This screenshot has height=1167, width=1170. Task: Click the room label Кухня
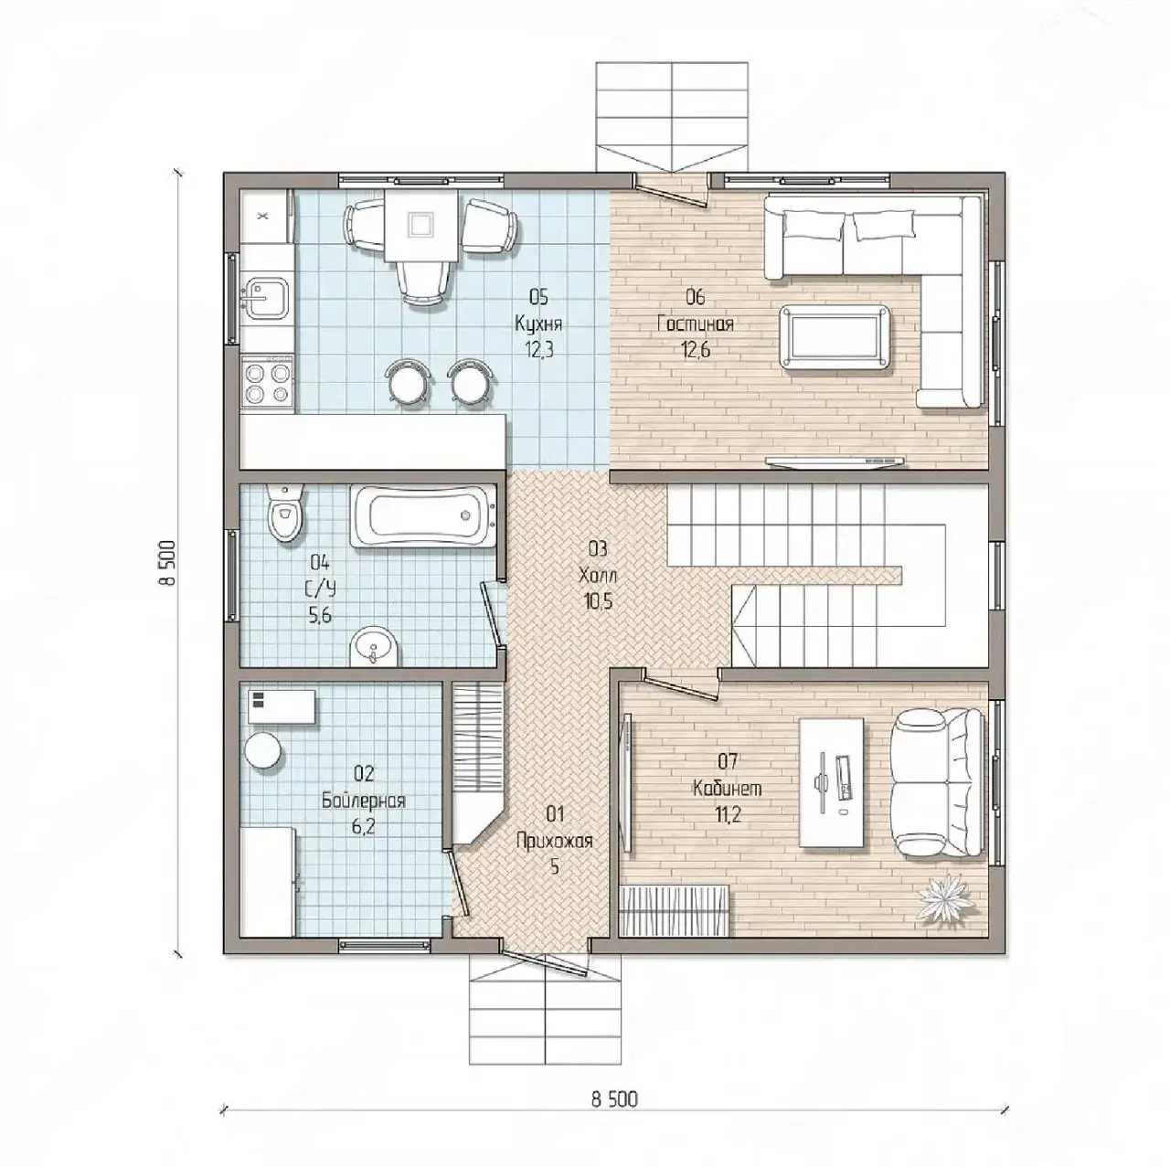[x=538, y=323]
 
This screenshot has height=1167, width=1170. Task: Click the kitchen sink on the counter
[x=266, y=298]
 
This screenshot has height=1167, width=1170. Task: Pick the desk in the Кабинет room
[x=832, y=782]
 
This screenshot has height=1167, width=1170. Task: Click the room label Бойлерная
[x=363, y=801]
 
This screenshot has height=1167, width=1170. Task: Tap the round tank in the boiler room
[x=263, y=750]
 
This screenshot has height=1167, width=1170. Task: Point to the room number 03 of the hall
[x=598, y=549]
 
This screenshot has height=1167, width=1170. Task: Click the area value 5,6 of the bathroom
[x=320, y=615]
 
